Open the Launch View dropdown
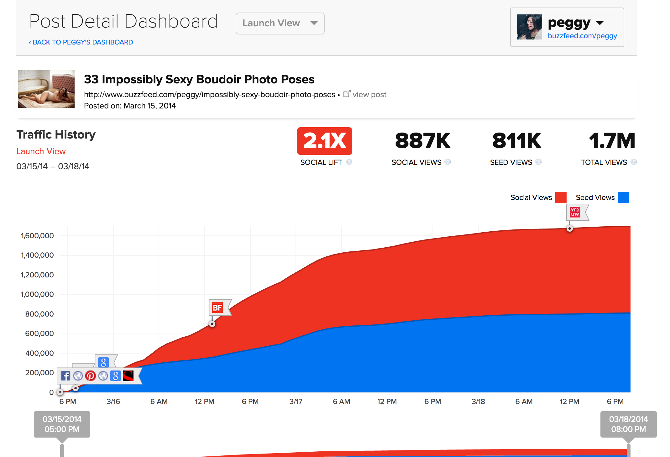click(x=280, y=24)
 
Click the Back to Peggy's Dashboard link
click(x=81, y=42)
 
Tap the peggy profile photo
click(x=529, y=27)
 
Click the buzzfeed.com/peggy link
click(x=582, y=36)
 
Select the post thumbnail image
click(x=46, y=89)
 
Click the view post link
click(x=365, y=94)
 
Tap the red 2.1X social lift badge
click(x=324, y=141)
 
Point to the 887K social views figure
click(x=422, y=141)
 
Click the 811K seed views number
click(x=517, y=141)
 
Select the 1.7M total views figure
click(x=612, y=141)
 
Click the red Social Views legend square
click(x=561, y=197)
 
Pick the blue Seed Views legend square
click(x=623, y=197)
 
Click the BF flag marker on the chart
click(x=217, y=307)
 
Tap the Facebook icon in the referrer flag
click(x=65, y=376)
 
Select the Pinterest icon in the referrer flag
click(x=91, y=376)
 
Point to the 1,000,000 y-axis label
click(x=37, y=294)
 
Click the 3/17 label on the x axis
click(x=296, y=402)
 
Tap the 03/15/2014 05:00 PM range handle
click(x=62, y=424)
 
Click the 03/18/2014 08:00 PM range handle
click(x=628, y=424)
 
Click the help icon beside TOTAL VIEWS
click(x=634, y=162)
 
